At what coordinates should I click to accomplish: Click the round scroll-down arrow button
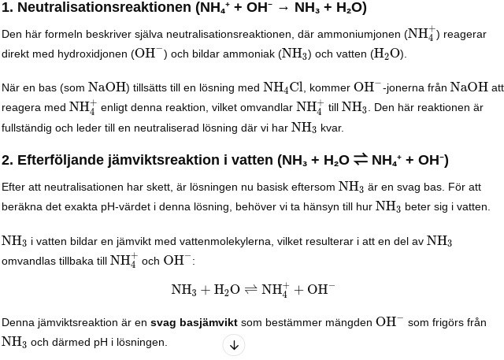[x=234, y=345]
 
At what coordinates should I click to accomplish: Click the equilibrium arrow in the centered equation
[x=250, y=290]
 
